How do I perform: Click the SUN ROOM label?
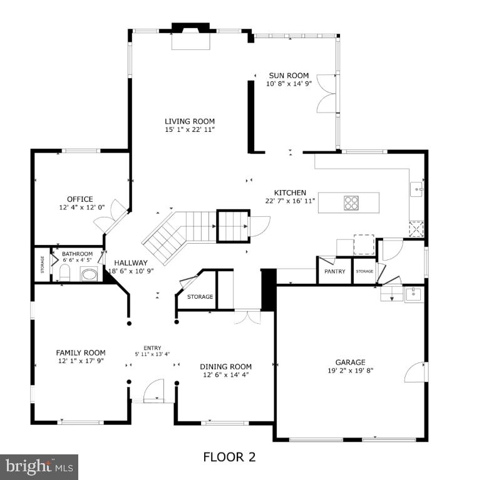[x=289, y=76]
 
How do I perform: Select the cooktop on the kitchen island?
[x=351, y=202]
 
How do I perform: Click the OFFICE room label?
[x=80, y=199]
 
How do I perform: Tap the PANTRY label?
[x=334, y=272]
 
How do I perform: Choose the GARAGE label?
[x=350, y=362]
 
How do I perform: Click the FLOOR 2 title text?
[x=229, y=457]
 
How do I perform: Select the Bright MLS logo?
[x=39, y=466]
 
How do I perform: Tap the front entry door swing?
[x=153, y=391]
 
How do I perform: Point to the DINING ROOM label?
[x=225, y=367]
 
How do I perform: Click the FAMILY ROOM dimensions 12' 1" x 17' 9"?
[x=81, y=361]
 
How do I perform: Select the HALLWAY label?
[x=131, y=263]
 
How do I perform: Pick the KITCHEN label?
[x=290, y=192]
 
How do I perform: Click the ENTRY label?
[x=152, y=348]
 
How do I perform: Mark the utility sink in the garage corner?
[x=414, y=294]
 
